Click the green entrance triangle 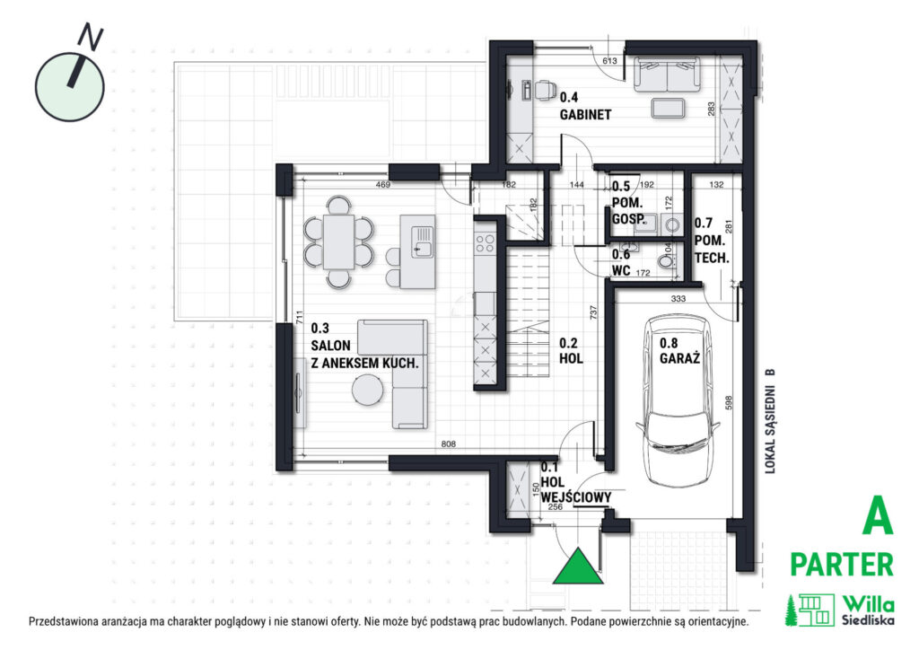pos(578,567)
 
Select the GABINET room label pos(585,115)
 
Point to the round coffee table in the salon pos(367,390)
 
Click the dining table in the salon pos(338,242)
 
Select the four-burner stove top pos(485,243)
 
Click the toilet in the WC pos(667,261)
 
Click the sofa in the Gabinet pos(667,75)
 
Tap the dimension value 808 pos(449,444)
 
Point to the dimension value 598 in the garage pos(729,403)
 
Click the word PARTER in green pos(842,565)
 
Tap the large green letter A pos(878,515)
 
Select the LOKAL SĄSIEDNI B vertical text pos(770,421)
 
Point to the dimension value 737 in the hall pos(594,312)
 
